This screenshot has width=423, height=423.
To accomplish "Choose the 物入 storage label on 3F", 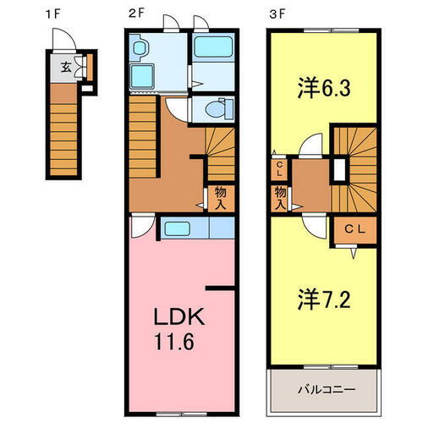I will coord(280,197).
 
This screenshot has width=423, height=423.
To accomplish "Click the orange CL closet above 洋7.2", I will coord(354,229).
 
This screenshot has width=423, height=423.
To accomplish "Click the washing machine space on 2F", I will coord(142,76).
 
